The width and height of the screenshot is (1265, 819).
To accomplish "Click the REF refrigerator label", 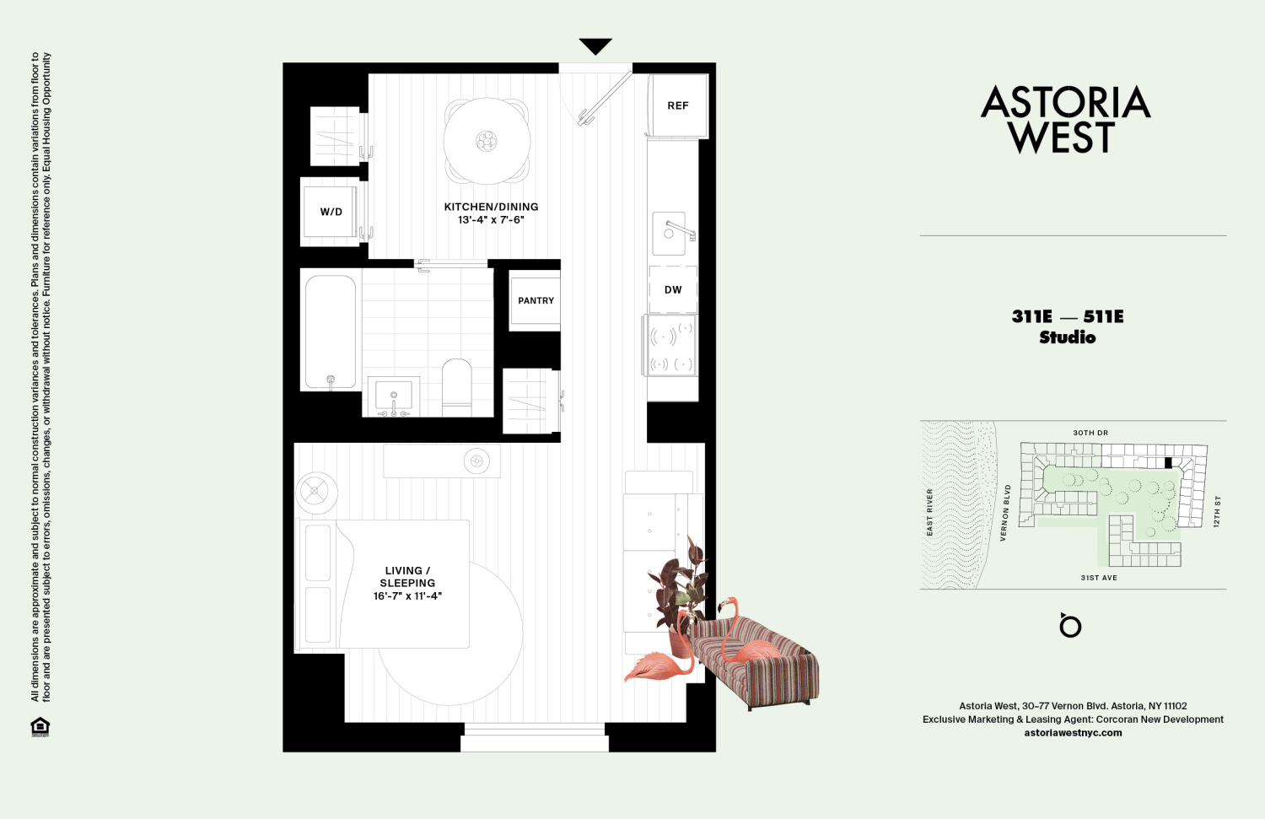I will (678, 105).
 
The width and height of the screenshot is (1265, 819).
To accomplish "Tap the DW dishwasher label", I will (673, 289).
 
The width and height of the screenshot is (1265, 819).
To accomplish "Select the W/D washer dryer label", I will (331, 212).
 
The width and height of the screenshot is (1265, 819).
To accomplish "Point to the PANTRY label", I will (536, 300).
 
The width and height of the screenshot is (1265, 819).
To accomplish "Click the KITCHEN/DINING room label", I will (491, 207).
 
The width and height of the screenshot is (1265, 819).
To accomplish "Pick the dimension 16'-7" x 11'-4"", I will (407, 596).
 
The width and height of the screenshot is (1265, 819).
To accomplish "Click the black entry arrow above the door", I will (595, 46).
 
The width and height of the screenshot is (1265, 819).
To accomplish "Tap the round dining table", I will (487, 141).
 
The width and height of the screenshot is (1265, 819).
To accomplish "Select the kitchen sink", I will (670, 233).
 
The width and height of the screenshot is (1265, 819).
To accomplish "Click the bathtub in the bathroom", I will (331, 331).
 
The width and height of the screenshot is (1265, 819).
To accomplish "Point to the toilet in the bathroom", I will (457, 386).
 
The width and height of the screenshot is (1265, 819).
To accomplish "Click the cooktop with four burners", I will (671, 347).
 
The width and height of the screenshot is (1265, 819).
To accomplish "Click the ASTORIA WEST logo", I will (1064, 119).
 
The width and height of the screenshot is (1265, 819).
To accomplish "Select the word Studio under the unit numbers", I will (1068, 337).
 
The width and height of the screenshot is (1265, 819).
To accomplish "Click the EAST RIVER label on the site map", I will (930, 512).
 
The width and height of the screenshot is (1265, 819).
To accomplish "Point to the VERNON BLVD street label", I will (1004, 512).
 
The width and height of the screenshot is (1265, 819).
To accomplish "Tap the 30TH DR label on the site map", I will (1090, 433).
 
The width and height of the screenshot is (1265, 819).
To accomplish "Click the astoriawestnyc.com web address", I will (1073, 733).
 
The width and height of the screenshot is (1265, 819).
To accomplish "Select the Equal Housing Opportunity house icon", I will (40, 726).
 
